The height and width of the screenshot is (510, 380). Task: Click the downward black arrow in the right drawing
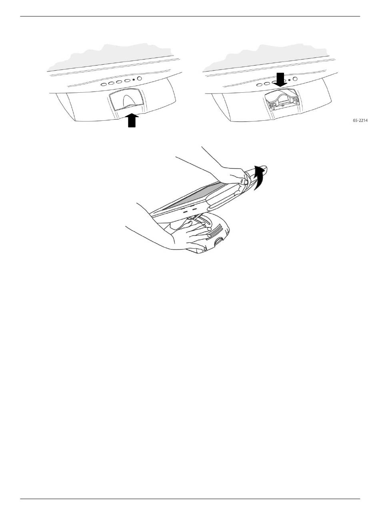point(280,80)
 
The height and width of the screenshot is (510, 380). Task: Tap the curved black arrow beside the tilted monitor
point(259,177)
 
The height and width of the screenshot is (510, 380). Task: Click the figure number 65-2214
point(360,120)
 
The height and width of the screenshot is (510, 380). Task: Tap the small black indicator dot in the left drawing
point(134,80)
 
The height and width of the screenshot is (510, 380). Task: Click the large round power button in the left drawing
point(139,78)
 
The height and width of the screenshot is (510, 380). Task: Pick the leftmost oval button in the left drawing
point(104,84)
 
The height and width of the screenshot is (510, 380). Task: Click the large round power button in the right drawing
point(295,79)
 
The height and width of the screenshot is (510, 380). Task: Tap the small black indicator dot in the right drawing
point(289,80)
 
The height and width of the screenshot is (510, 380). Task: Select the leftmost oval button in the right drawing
point(259,85)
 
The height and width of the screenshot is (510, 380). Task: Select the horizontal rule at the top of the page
point(190,16)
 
